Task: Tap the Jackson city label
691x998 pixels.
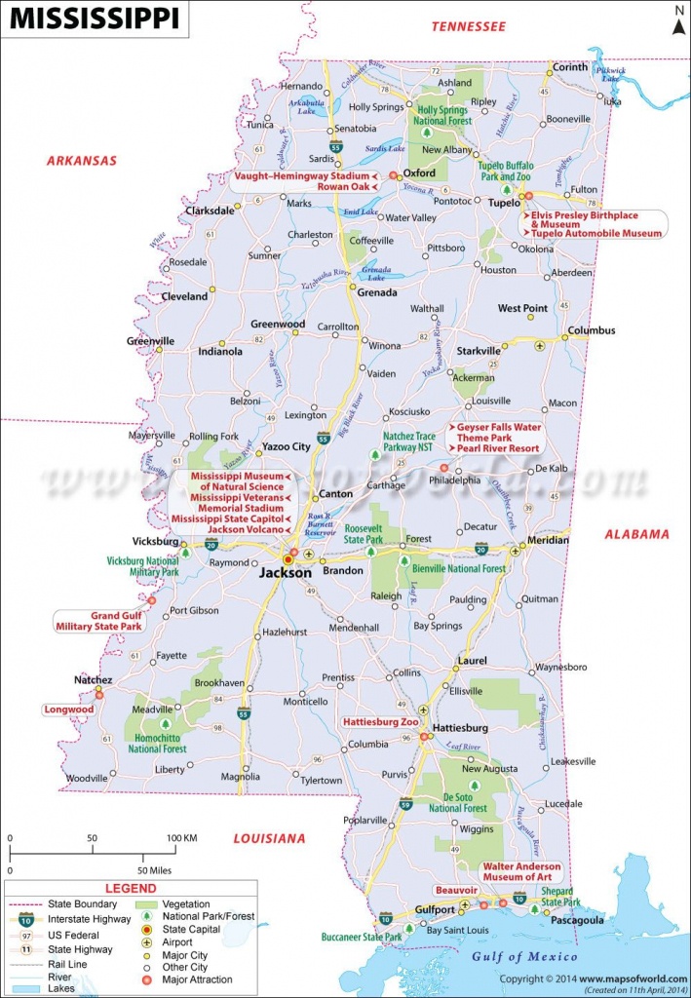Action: pyautogui.click(x=285, y=573)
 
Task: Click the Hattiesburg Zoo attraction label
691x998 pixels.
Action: pyautogui.click(x=381, y=722)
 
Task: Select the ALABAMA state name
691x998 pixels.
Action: pyautogui.click(x=636, y=534)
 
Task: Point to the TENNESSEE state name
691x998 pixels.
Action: pyautogui.click(x=469, y=27)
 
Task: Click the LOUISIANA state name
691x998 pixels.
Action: pyautogui.click(x=268, y=838)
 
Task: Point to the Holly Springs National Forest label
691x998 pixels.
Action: pyautogui.click(x=444, y=115)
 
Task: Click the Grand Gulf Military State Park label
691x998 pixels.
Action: pyautogui.click(x=102, y=621)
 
